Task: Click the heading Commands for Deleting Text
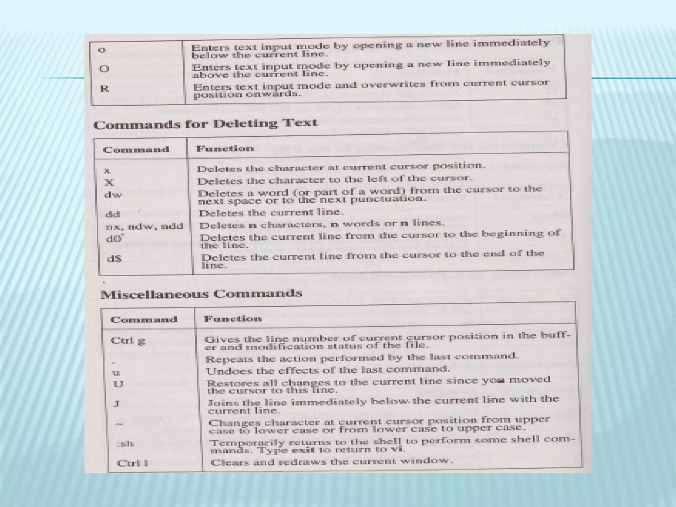[x=205, y=124]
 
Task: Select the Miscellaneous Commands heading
[x=201, y=294]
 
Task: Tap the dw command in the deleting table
[x=113, y=194]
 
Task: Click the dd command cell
[x=113, y=214]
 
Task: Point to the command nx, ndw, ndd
[x=144, y=226]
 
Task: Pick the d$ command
[x=115, y=258]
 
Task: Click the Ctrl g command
[x=127, y=340]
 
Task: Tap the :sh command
[x=125, y=443]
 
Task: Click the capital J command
[x=117, y=404]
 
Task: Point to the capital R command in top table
[x=104, y=88]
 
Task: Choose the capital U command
[x=118, y=384]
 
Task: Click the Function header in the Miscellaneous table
[x=233, y=319]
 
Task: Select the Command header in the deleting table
[x=136, y=150]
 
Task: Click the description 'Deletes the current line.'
[x=271, y=212]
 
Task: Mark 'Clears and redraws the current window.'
[x=331, y=461]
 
